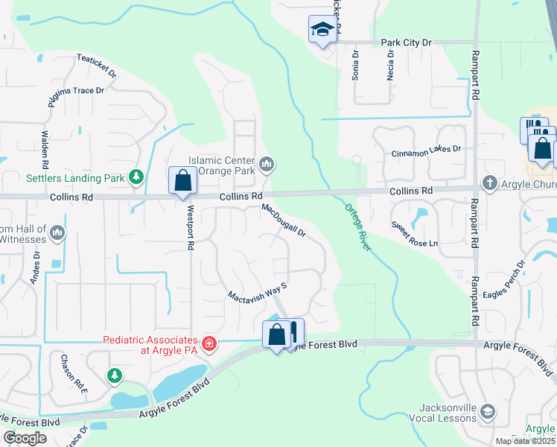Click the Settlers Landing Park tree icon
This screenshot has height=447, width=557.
coord(136,177)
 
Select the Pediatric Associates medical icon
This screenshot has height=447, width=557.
coord(210,344)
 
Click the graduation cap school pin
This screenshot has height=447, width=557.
coord(322,30)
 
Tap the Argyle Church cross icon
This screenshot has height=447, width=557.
coord(489,183)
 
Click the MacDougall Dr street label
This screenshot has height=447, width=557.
coord(284,221)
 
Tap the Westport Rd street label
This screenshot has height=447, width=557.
coord(191,226)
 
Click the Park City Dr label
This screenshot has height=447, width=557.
coord(406,43)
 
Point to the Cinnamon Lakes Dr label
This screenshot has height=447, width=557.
coord(427,150)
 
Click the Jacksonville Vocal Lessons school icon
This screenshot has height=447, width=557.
coord(487,410)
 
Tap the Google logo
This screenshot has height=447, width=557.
coord(25,437)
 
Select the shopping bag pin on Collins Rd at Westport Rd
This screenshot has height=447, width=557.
coord(182,180)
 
